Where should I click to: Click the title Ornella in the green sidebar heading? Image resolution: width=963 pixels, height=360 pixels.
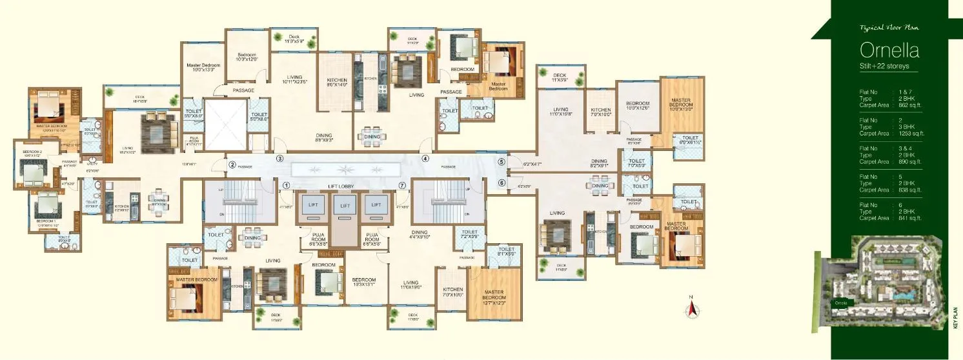click(889, 50)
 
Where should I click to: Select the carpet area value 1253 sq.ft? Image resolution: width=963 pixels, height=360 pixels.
click(910, 134)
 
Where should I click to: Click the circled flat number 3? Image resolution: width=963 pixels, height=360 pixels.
click(280, 158)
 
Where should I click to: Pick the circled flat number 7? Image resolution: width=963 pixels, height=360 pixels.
click(402, 186)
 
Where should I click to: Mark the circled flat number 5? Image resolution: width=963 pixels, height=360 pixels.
click(502, 162)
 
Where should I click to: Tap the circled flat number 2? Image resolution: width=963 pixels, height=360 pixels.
click(231, 165)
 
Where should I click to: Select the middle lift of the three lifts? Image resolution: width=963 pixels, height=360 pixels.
click(345, 206)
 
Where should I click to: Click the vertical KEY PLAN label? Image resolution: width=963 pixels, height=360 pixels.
click(956, 320)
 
